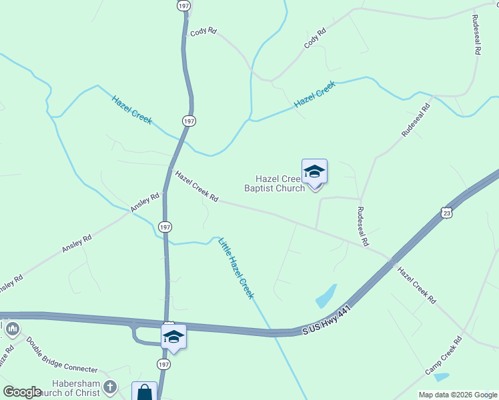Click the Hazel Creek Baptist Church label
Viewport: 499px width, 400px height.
[x=280, y=183]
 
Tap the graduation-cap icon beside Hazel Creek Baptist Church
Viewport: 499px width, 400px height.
[x=314, y=173]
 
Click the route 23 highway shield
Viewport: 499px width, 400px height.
[x=446, y=212]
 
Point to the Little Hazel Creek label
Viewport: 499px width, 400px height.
[x=237, y=268]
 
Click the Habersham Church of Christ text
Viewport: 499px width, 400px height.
[x=77, y=388]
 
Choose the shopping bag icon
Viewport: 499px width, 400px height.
[x=145, y=393]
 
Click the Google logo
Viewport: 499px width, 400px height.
[x=23, y=392]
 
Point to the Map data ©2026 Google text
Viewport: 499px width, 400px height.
[x=458, y=395]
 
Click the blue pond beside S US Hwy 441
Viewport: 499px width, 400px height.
[x=326, y=295]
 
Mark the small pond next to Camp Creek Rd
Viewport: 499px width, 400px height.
[x=442, y=377]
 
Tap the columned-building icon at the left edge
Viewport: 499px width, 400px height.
[x=12, y=329]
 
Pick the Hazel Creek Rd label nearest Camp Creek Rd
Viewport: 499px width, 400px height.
[x=416, y=286]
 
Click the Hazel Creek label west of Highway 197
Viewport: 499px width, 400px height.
[x=132, y=110]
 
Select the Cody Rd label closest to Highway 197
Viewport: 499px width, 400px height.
[x=204, y=31]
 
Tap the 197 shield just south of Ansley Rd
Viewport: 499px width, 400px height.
[x=165, y=227]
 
